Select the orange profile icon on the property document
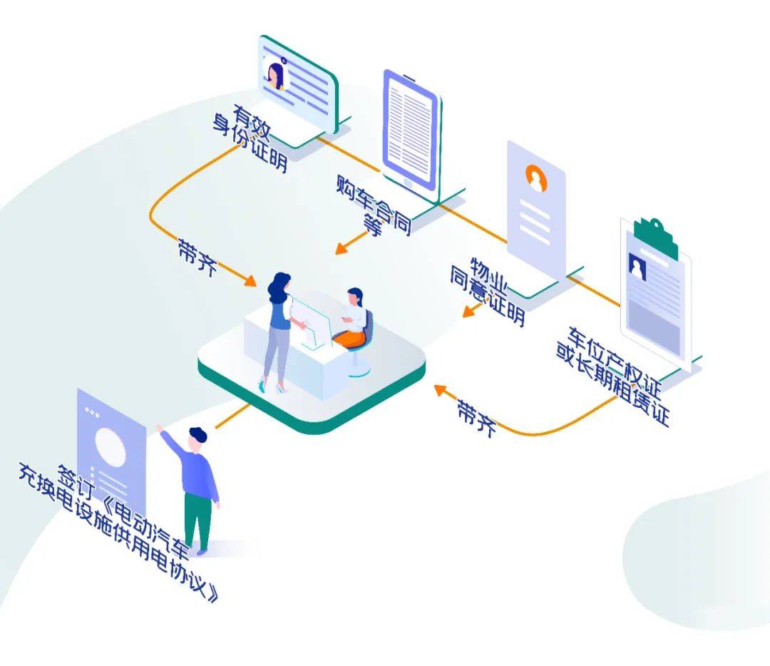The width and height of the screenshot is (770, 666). [536, 178]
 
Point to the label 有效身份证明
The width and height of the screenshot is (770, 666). [250, 138]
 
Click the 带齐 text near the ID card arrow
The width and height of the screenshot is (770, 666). [197, 257]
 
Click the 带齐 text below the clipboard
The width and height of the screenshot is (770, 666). [476, 418]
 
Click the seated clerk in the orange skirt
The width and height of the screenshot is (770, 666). [353, 320]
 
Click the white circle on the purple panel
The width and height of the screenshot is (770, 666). [111, 447]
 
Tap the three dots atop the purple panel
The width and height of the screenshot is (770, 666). [92, 411]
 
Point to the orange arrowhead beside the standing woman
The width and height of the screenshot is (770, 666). [250, 280]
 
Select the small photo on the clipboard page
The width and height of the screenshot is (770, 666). [637, 267]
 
